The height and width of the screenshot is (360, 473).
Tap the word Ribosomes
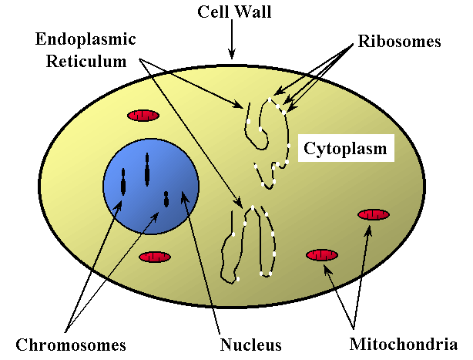coord(400,41)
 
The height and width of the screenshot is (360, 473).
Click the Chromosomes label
coord(70,344)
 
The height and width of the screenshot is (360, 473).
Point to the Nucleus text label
coord(250,344)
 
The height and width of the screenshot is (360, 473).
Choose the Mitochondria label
coord(404,344)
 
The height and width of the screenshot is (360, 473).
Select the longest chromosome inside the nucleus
coord(146,170)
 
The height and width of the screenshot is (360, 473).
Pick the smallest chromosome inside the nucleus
coord(166,199)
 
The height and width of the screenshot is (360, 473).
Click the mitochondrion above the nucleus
coord(143,116)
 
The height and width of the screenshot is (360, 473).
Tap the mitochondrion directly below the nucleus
coord(155,257)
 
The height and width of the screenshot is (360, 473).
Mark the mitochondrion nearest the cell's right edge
coord(374,214)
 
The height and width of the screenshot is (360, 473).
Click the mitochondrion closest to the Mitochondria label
coord(322,254)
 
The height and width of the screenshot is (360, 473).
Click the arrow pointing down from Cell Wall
coord(231,42)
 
